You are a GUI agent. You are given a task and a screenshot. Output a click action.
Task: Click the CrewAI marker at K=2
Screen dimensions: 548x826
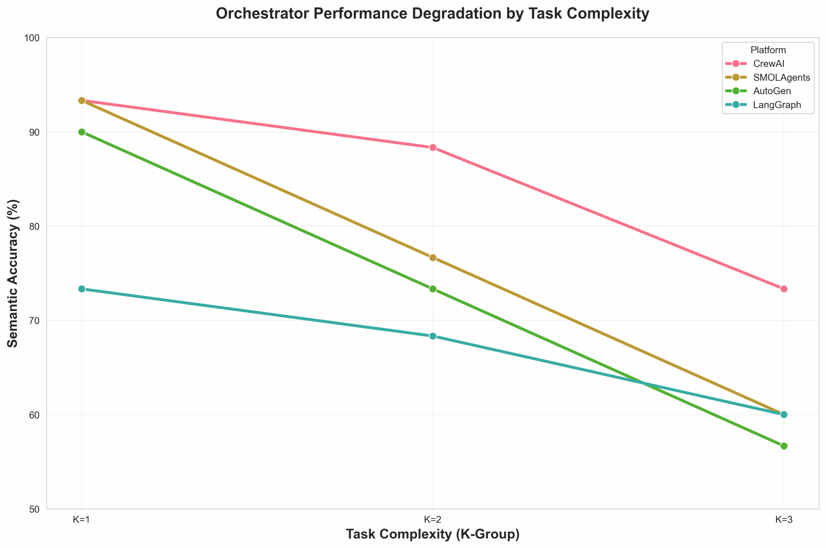click(433, 147)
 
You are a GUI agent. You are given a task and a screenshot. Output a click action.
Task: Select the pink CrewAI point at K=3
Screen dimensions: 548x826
click(784, 289)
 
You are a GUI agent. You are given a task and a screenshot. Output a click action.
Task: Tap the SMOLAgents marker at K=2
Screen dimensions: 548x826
click(433, 258)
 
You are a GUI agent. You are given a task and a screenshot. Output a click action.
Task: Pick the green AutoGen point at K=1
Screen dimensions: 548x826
click(82, 132)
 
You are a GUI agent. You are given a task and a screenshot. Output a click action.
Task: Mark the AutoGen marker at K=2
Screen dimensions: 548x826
click(433, 289)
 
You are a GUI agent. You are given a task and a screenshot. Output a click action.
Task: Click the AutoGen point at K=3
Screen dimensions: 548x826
click(784, 446)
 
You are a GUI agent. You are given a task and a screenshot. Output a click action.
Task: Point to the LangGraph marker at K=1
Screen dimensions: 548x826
click(82, 289)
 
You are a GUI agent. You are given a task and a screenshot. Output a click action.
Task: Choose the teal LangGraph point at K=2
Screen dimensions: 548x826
click(433, 336)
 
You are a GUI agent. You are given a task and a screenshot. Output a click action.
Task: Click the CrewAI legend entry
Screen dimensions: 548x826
click(769, 64)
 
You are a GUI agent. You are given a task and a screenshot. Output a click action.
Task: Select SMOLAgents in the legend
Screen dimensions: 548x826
click(781, 77)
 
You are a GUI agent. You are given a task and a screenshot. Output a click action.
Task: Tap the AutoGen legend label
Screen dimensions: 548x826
click(772, 91)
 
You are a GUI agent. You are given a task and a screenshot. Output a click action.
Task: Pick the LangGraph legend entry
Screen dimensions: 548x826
click(777, 105)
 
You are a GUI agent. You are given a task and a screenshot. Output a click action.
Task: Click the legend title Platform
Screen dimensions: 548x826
click(768, 50)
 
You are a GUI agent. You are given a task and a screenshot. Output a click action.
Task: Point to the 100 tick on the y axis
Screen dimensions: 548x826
click(32, 38)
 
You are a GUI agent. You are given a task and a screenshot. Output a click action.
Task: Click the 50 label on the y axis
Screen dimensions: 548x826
click(34, 509)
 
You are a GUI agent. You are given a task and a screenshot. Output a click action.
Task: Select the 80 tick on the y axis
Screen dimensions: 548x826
click(34, 227)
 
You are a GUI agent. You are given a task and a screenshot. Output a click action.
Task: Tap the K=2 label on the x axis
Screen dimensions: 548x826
click(433, 520)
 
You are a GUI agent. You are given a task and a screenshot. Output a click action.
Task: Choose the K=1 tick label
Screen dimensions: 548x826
click(82, 520)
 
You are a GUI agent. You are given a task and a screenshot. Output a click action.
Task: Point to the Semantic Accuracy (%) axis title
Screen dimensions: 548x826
click(13, 273)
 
